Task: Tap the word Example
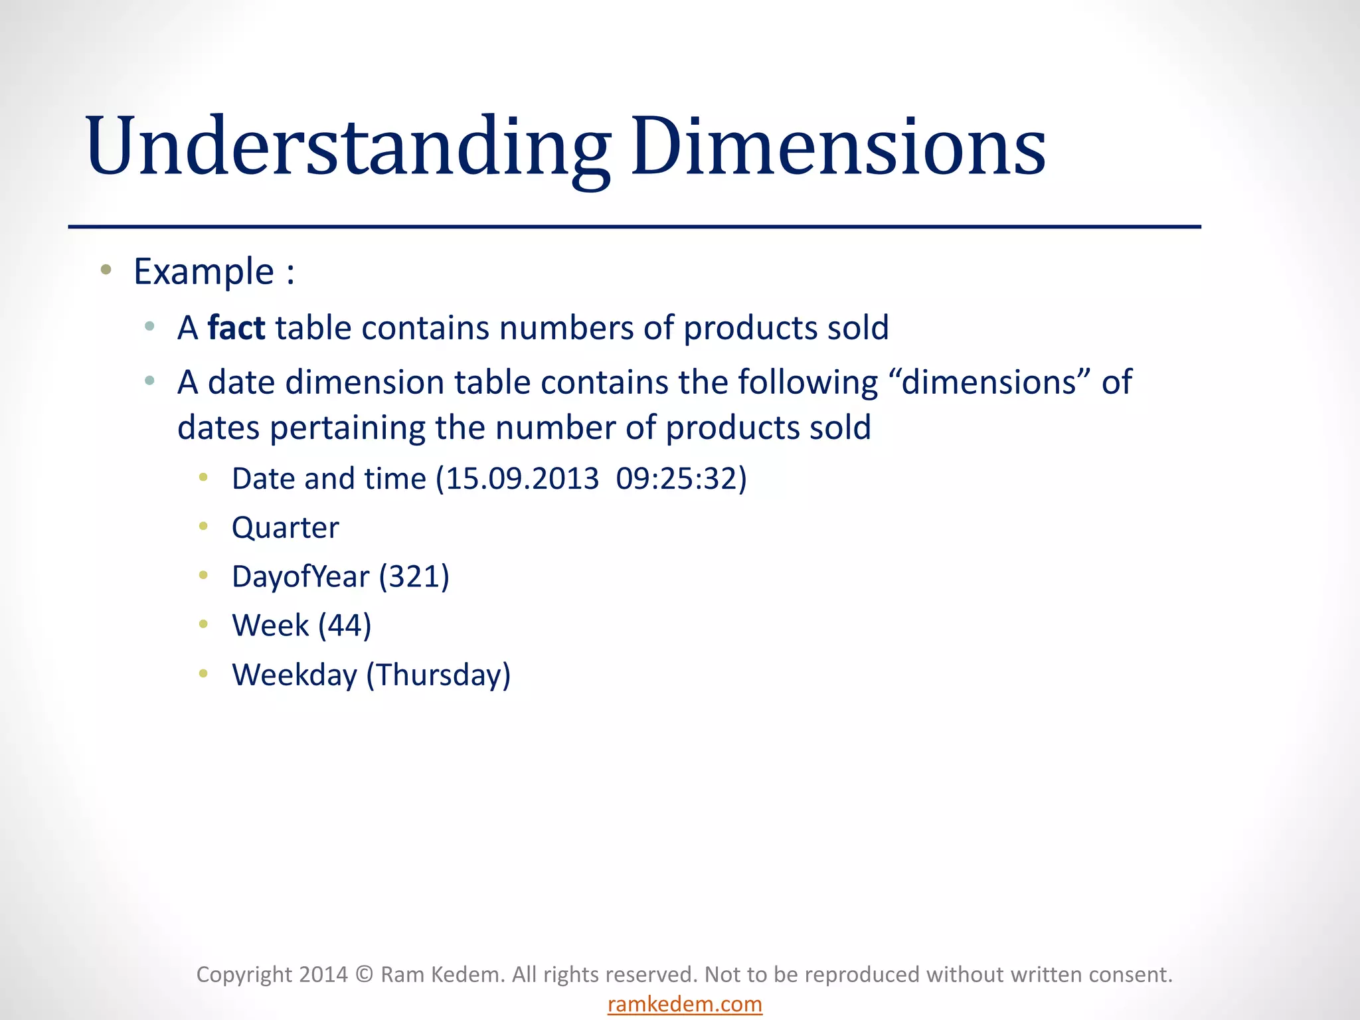tap(204, 272)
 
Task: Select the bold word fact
tap(236, 328)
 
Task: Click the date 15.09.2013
tap(522, 479)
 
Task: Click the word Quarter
tap(285, 528)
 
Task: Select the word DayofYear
tap(300, 576)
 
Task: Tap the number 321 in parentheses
tap(414, 576)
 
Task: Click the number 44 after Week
tap(345, 626)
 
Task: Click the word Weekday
tap(294, 675)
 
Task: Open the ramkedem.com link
tap(685, 1004)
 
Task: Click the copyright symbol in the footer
tap(364, 974)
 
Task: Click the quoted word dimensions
tap(989, 382)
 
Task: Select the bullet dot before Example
tap(106, 270)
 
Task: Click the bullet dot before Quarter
tap(204, 527)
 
